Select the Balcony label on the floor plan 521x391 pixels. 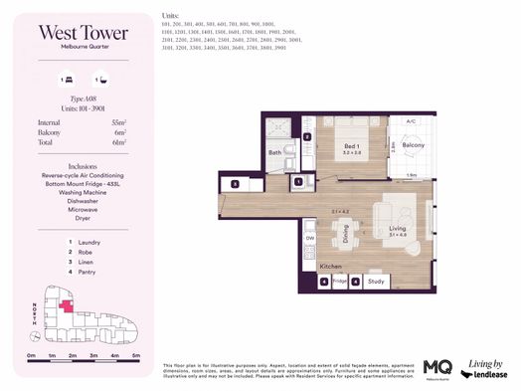click(413, 145)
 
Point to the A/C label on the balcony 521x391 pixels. click(410, 122)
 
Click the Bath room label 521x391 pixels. click(275, 153)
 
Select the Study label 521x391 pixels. click(375, 281)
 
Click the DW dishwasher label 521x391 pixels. click(310, 238)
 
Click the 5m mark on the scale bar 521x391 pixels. click(135, 354)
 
